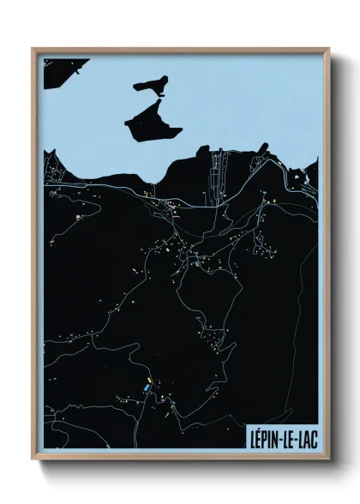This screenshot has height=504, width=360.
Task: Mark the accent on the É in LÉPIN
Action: [260, 428]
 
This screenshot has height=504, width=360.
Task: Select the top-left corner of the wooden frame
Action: [33, 49]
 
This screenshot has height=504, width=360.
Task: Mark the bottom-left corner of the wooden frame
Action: [33, 456]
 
